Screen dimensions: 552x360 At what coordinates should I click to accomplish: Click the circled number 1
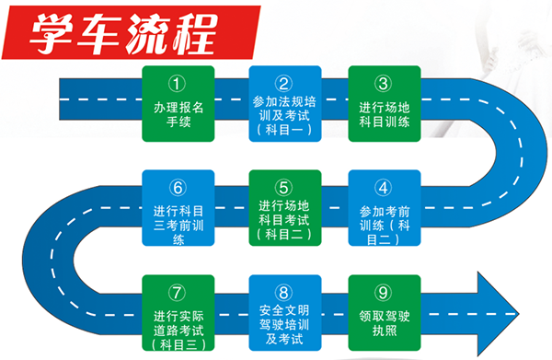click(177, 84)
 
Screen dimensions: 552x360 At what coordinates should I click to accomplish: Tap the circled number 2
click(283, 84)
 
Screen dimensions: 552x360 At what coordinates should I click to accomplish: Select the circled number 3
click(384, 84)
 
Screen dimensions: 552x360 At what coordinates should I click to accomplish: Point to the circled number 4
click(384, 188)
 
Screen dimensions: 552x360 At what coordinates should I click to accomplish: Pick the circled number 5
click(283, 188)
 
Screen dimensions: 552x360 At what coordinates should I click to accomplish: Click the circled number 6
click(178, 188)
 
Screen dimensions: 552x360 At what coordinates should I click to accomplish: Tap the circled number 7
click(177, 293)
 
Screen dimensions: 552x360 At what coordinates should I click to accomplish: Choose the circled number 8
click(283, 293)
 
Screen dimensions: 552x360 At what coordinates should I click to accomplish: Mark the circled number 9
click(384, 293)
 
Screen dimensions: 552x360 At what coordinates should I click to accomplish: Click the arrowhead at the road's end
click(497, 314)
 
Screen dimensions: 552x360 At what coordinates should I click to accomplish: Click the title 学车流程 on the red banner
click(123, 34)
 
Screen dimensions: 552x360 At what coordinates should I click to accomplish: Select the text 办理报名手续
click(178, 114)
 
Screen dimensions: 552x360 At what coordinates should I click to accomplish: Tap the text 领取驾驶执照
click(385, 323)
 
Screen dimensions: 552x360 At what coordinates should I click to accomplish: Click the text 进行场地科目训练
click(385, 114)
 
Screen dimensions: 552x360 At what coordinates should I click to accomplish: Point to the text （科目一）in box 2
click(284, 130)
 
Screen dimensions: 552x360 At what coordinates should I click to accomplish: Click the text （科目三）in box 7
click(178, 344)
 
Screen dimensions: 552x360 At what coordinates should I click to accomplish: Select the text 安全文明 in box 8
click(284, 310)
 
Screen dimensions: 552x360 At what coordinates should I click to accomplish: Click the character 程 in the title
click(194, 34)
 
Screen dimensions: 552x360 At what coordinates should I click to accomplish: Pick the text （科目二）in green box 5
click(284, 234)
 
